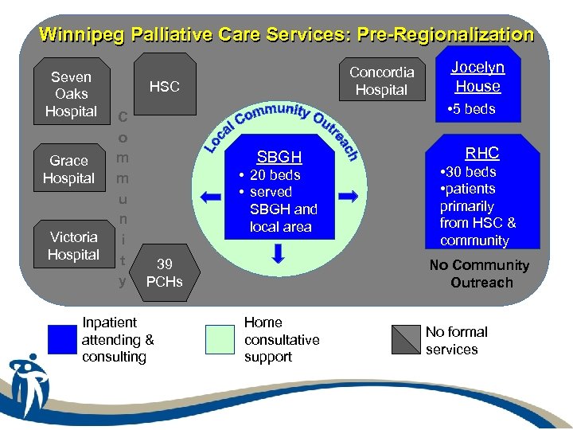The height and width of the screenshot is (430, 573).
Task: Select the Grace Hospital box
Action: (x=68, y=169)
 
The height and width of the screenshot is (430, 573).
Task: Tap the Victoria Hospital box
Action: (x=73, y=245)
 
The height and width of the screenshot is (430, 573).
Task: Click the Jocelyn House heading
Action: (x=477, y=77)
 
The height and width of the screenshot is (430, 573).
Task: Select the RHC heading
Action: (x=481, y=153)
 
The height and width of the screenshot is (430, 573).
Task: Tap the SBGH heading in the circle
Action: (x=279, y=157)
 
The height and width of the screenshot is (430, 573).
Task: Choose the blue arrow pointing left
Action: (x=210, y=196)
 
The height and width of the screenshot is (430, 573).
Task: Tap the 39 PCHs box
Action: (x=165, y=272)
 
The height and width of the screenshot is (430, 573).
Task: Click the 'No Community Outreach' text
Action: (x=479, y=274)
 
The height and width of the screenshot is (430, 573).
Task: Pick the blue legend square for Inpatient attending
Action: (x=61, y=339)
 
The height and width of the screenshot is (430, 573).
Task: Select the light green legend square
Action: (x=220, y=339)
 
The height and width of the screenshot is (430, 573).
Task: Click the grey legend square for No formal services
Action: (x=406, y=339)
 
